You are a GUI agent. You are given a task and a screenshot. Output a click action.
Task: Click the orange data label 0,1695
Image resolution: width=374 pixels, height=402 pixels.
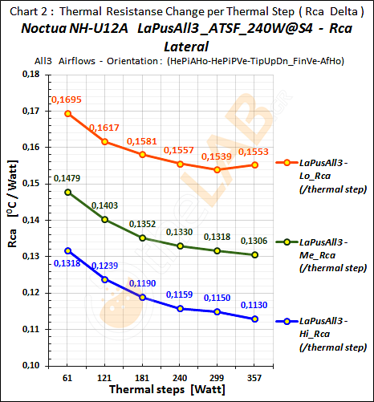(67, 99)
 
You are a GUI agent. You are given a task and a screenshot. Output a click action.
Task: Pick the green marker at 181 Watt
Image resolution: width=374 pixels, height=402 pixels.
(143, 238)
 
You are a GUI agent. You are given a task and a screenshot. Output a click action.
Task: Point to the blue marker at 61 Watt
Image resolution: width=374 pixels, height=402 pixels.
(68, 251)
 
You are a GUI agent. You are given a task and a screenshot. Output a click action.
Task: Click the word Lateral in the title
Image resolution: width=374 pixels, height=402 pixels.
(185, 48)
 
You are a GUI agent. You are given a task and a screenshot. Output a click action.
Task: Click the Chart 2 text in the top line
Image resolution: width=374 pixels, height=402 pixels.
(29, 11)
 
